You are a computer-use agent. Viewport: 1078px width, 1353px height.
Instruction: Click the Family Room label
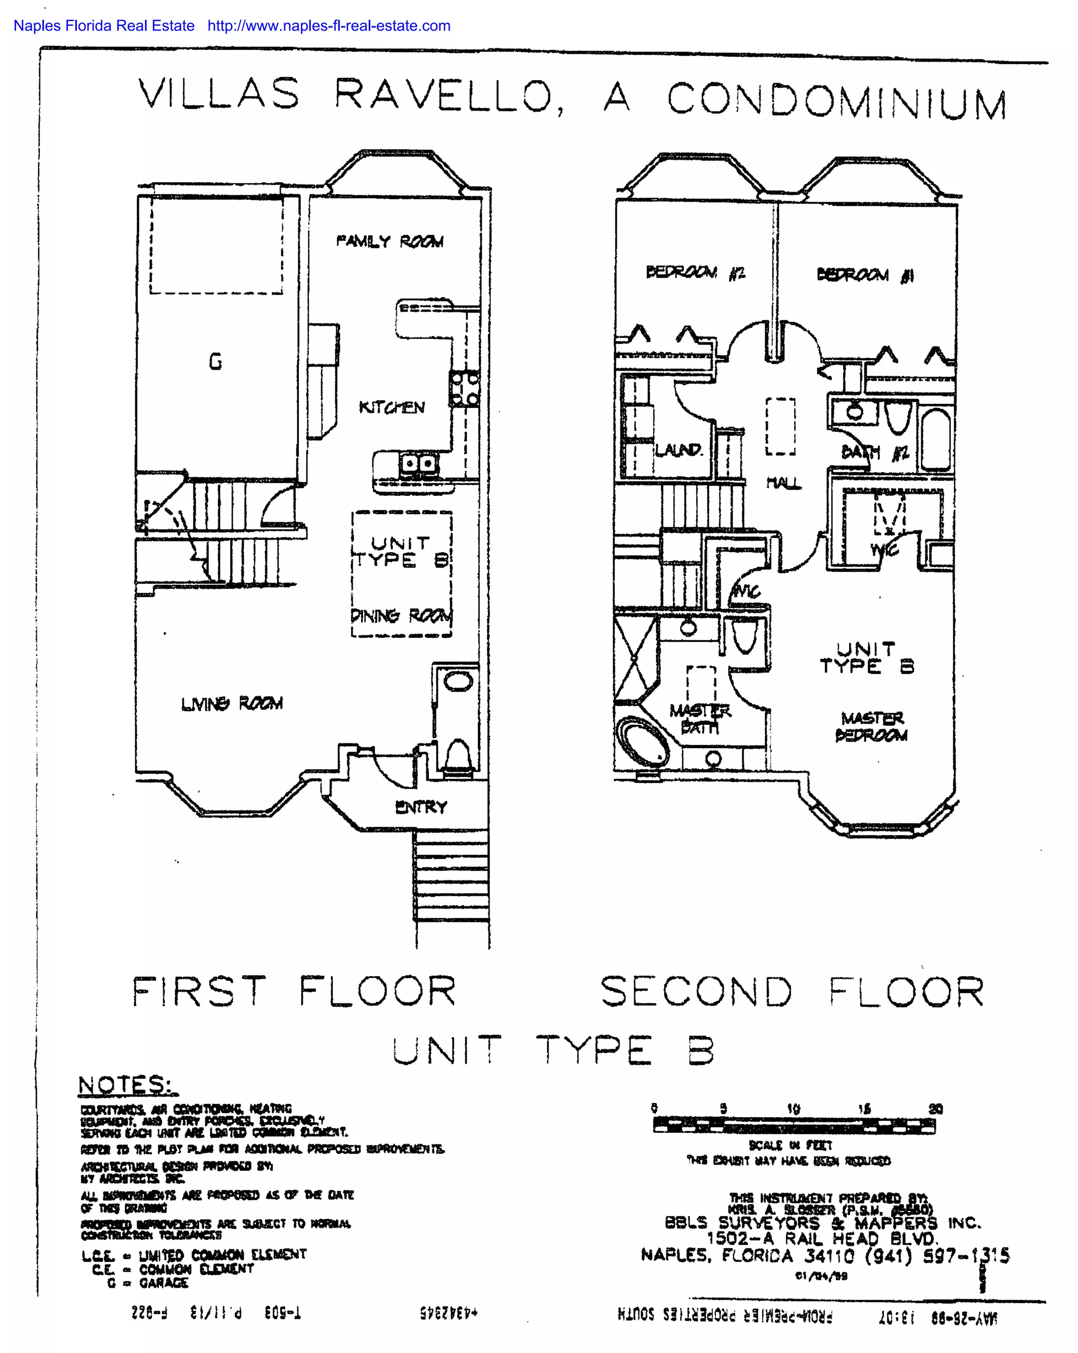[x=390, y=241]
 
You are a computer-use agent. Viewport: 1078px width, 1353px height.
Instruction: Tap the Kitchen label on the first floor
[x=392, y=407]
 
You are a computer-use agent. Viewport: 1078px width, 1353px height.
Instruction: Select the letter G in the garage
[x=215, y=362]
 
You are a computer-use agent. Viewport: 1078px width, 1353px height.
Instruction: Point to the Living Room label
[x=232, y=703]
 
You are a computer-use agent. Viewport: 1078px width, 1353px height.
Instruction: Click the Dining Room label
[x=401, y=615]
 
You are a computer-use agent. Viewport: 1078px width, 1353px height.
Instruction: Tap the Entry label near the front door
[x=421, y=807]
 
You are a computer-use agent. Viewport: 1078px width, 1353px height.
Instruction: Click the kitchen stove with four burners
[x=464, y=389]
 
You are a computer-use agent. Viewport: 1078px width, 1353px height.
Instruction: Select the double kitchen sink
[x=418, y=464]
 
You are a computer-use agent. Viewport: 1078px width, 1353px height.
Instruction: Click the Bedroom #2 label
[x=695, y=272]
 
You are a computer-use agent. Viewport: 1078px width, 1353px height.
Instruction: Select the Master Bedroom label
[x=872, y=726]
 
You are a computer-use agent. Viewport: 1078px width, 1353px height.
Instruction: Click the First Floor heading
[x=294, y=991]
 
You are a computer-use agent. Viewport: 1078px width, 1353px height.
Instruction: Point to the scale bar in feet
[x=794, y=1126]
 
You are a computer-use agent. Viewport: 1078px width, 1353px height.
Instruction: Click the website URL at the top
[x=329, y=26]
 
